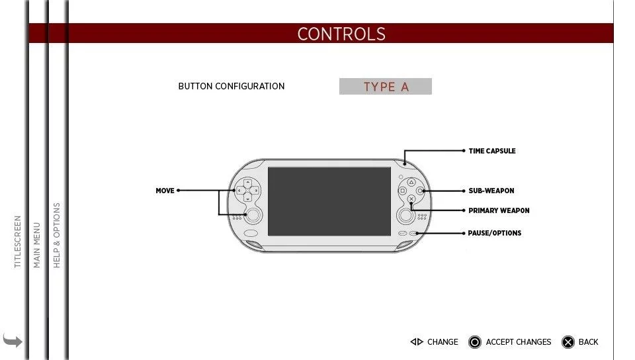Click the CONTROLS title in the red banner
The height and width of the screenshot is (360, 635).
coord(341,34)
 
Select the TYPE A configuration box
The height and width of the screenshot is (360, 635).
coord(386,86)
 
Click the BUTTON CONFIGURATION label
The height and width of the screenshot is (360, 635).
coord(232,86)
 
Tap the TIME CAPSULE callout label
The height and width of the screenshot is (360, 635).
coord(492,151)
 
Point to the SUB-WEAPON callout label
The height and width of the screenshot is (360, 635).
coord(491,191)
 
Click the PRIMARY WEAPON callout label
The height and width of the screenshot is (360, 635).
coord(499,210)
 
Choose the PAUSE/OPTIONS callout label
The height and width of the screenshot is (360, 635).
coord(495,233)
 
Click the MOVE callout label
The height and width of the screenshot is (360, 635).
coord(165,191)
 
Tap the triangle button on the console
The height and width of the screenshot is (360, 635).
coord(411,182)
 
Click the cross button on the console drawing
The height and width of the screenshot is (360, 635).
coord(411,199)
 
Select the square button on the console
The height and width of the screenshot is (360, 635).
coord(403,191)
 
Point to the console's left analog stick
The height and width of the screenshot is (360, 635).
coord(253,215)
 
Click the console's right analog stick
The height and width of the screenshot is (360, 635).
coord(405,215)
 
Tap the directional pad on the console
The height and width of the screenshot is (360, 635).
coord(247,191)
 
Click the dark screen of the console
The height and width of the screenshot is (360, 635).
coord(329,201)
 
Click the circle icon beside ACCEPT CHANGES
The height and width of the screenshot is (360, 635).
coord(475,342)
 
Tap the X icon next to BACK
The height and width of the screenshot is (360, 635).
coord(568,342)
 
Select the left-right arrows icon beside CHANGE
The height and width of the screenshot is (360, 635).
coord(417,341)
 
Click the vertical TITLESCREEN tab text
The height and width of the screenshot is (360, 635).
coord(17,242)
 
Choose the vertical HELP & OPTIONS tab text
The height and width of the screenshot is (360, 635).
coord(57,236)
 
